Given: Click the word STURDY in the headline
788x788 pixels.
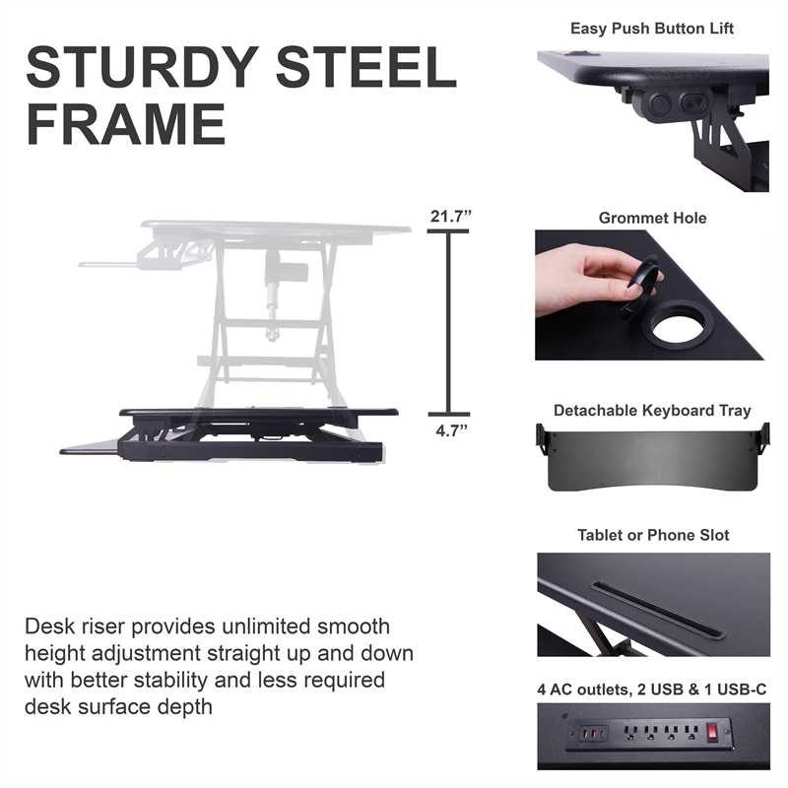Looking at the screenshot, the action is click(142, 67).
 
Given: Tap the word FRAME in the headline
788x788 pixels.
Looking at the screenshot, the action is click(126, 124).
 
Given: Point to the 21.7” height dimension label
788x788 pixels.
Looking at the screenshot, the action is click(451, 216).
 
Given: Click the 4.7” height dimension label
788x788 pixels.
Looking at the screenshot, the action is click(452, 430).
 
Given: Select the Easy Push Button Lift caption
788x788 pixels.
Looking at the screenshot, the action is click(652, 29).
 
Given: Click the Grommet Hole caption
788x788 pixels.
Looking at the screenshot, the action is click(652, 218).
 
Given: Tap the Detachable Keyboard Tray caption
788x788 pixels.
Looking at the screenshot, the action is click(652, 411).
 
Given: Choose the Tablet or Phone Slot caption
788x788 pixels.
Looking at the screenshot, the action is click(653, 535).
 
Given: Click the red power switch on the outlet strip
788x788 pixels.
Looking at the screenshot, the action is click(712, 733).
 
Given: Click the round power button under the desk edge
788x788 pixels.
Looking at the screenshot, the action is click(659, 105).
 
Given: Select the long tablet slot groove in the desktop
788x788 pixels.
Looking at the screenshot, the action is click(657, 610).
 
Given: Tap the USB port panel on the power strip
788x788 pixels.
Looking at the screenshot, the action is click(594, 733).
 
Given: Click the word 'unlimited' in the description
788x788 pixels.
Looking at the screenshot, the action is click(267, 626).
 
